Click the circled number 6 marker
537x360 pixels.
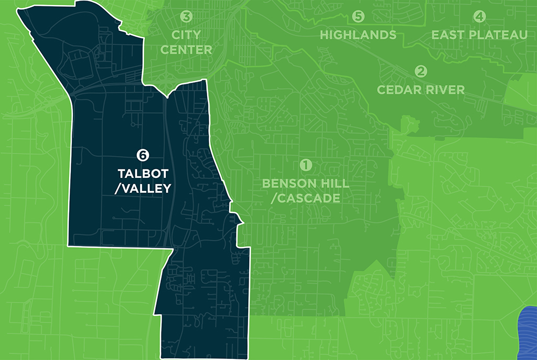coord(142,155)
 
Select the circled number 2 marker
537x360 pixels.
coord(421,71)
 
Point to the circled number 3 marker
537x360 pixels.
coord(186,17)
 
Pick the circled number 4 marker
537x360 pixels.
coord(479,17)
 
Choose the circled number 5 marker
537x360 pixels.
coord(358,17)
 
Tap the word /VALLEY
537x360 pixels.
coord(143,188)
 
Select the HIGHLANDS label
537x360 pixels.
coord(358,35)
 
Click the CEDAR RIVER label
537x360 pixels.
coord(421,89)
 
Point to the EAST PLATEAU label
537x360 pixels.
coord(479,35)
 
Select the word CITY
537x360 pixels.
coord(187,35)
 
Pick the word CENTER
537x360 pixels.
coord(186,50)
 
